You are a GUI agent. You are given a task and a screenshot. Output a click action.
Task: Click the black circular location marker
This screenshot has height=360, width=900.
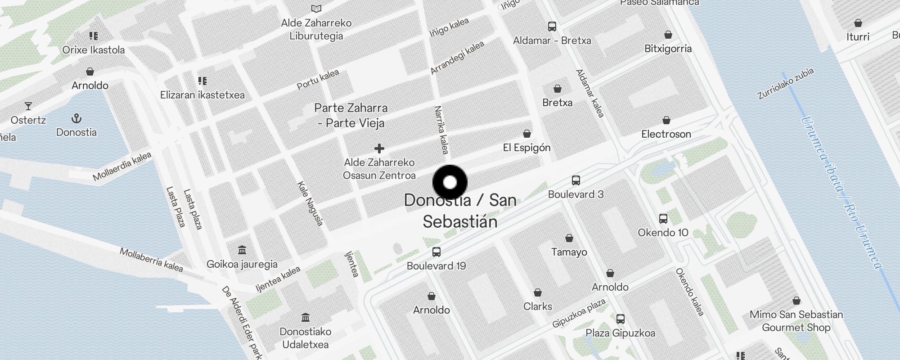pyautogui.click(x=450, y=182)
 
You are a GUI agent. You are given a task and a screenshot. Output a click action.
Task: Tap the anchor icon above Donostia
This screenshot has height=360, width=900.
pyautogui.click(x=76, y=119)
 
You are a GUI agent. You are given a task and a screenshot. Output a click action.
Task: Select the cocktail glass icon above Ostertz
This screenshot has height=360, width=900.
pyautogui.click(x=28, y=106)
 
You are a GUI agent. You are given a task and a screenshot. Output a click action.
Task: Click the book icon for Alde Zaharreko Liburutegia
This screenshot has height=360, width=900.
pyautogui.click(x=316, y=9)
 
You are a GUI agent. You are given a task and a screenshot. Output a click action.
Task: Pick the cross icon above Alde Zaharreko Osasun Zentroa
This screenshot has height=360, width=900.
pyautogui.click(x=379, y=148)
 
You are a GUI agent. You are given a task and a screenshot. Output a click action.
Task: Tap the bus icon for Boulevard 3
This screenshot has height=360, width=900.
pyautogui.click(x=576, y=180)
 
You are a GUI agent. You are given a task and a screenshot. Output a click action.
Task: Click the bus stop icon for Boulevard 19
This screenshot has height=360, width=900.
pyautogui.click(x=436, y=252)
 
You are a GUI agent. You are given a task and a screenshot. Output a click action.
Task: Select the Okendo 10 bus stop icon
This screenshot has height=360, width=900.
pyautogui.click(x=663, y=219)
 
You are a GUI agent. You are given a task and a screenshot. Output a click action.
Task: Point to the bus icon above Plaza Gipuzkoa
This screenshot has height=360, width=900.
pyautogui.click(x=620, y=319)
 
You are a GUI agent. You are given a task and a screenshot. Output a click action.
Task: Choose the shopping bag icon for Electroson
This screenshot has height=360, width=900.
pyautogui.click(x=666, y=120)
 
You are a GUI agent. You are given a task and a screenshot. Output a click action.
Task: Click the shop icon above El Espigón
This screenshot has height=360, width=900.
pyautogui.click(x=526, y=134)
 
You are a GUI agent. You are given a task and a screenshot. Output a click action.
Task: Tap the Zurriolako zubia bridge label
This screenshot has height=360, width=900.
pyautogui.click(x=785, y=84)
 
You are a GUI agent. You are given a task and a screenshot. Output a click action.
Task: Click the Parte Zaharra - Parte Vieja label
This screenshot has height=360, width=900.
pyautogui.click(x=351, y=115)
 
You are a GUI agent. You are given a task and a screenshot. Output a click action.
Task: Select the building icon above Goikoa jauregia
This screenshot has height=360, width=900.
pyautogui.click(x=242, y=250)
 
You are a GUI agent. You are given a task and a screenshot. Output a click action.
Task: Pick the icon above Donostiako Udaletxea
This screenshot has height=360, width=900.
pyautogui.click(x=306, y=318)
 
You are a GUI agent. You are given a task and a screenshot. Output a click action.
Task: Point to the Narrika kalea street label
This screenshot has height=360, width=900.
pyautogui.click(x=441, y=130)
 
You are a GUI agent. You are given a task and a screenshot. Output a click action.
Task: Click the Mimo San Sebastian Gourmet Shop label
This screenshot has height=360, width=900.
pyautogui.click(x=796, y=321)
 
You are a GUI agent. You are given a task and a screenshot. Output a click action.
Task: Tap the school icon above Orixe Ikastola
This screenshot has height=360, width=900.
pyautogui.click(x=94, y=36)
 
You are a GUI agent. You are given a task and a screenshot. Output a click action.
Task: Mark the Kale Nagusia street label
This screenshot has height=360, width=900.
pyautogui.click(x=310, y=203)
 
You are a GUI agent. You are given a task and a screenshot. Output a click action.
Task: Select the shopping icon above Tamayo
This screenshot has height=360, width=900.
pyautogui.click(x=569, y=238)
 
